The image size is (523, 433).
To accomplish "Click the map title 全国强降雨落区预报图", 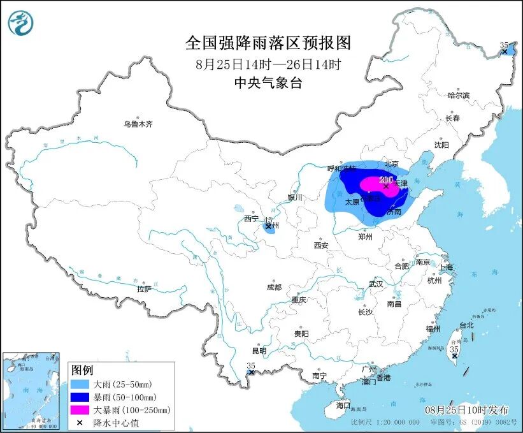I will click(268, 43).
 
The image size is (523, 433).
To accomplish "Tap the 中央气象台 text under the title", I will click(268, 82).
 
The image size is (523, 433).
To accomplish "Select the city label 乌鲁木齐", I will click(138, 124).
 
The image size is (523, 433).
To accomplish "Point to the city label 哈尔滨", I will click(458, 96).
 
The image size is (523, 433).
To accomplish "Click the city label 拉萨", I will click(144, 288).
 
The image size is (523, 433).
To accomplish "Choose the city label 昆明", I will click(259, 350).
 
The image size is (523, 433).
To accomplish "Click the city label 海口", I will click(343, 406).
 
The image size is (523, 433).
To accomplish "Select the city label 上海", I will click(445, 267).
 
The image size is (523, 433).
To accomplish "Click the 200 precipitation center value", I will click(386, 180).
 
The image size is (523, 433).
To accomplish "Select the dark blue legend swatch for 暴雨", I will click(81, 397).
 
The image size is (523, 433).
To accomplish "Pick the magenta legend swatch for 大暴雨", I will click(81, 410).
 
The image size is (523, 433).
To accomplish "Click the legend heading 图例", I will click(82, 371).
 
